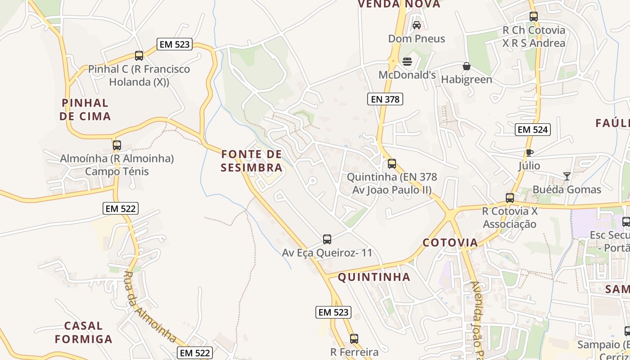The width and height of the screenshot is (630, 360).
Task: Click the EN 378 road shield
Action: point(385,99)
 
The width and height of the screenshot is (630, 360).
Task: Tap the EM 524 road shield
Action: point(533,130)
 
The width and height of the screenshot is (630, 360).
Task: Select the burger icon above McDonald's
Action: point(407,62)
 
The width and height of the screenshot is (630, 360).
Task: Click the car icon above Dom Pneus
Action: point(417,25)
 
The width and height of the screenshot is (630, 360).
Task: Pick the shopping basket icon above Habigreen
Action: point(467,67)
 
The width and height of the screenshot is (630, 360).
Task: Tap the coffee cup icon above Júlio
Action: point(529,153)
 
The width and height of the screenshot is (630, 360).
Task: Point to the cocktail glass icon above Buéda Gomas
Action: point(567,176)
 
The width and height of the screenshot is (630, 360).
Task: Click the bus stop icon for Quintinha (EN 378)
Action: point(392,164)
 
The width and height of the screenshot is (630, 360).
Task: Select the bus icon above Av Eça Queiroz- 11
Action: point(327,239)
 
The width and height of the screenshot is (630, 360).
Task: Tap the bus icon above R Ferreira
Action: point(354,338)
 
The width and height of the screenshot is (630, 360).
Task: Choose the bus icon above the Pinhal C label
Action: point(139,56)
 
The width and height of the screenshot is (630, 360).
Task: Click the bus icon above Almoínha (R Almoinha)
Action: point(117,145)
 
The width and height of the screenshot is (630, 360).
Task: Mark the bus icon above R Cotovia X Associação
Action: point(510,198)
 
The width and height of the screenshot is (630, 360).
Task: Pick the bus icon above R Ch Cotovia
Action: point(534,17)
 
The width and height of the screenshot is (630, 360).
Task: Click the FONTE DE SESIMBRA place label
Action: point(252,161)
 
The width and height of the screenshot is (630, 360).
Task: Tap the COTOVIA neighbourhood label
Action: point(450,243)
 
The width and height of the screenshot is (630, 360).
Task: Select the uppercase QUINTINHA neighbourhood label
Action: point(374,277)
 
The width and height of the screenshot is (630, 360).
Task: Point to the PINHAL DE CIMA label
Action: point(85,110)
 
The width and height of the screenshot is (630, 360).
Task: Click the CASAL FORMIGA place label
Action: point(84,333)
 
